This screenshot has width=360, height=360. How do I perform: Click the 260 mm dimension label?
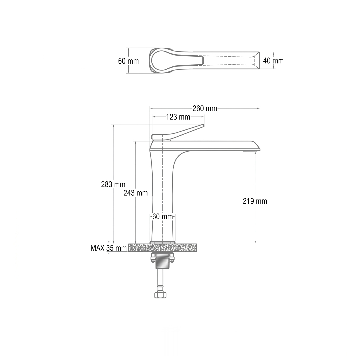205,108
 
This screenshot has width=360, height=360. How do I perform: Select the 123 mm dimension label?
178,117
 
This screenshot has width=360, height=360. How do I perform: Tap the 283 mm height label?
113,184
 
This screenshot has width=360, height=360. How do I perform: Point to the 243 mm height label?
135,193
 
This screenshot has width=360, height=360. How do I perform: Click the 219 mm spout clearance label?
255,201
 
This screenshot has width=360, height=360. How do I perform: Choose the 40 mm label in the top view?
273,61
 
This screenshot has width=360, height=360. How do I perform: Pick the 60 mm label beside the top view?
128,61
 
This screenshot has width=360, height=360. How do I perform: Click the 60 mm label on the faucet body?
163,217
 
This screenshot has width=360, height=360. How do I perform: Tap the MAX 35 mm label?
109,248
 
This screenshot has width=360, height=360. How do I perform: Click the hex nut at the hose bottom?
160,295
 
